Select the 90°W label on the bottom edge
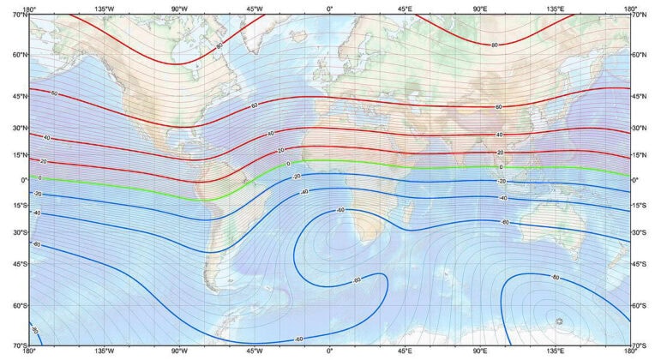click(x=179, y=351)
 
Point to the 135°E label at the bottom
click(x=556, y=351)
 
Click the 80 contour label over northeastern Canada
click(x=219, y=45)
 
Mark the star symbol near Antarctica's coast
click(x=559, y=321)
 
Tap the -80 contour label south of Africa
click(x=357, y=280)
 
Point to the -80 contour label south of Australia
click(x=556, y=278)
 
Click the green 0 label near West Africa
click(x=289, y=164)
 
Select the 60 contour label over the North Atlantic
click(x=254, y=105)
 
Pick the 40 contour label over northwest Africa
click(x=271, y=134)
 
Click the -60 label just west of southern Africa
click(x=340, y=210)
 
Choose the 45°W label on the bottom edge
click(x=255, y=351)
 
